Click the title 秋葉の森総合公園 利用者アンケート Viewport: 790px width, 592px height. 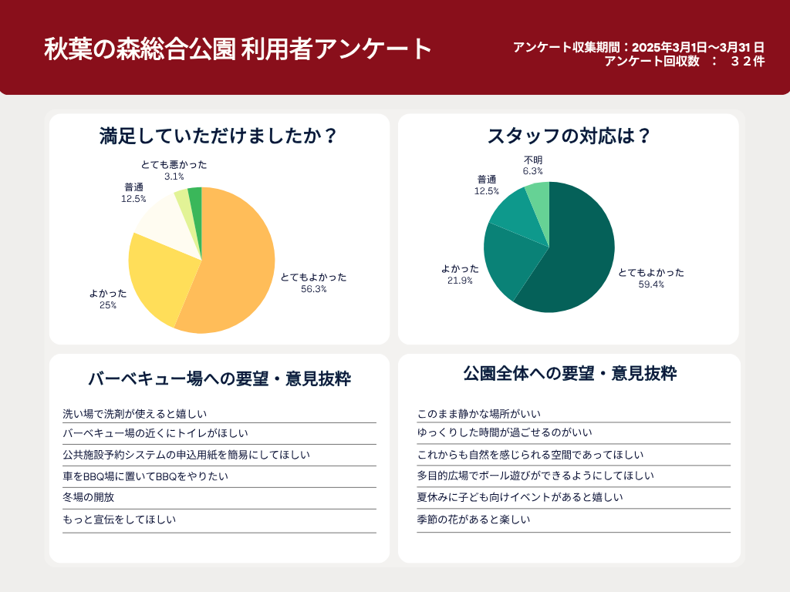click(238, 49)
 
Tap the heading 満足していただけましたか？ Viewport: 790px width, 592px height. click(219, 136)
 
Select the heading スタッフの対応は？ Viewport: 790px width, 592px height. click(569, 136)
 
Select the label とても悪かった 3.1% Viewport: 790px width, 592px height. click(174, 170)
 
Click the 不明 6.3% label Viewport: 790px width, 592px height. click(533, 166)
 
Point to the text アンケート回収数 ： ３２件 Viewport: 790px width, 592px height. click(684, 62)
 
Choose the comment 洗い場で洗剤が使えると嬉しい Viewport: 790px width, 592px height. click(135, 414)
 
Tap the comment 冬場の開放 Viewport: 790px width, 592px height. click(89, 497)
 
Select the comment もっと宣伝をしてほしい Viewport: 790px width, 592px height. click(120, 520)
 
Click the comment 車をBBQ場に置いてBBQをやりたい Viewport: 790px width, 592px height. click(146, 476)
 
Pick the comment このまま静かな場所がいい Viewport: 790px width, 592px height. click(479, 414)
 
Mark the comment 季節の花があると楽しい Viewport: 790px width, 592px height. click(474, 520)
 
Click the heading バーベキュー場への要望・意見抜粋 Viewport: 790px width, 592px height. click(219, 378)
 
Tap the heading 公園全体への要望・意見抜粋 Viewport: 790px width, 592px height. click(569, 374)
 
